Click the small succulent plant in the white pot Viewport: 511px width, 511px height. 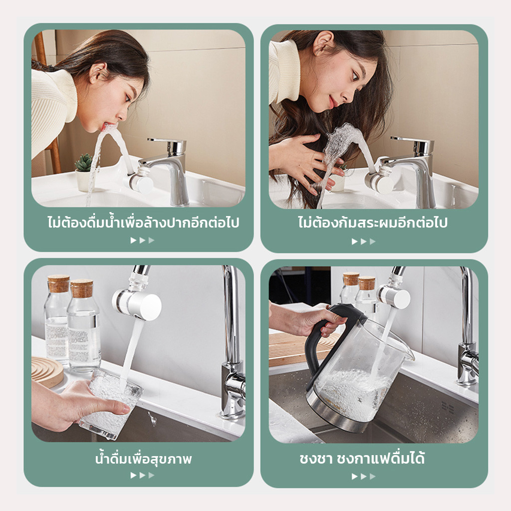coord(83,163)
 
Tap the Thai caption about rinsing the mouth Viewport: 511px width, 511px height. coord(143,223)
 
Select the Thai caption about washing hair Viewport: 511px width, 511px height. coord(372,223)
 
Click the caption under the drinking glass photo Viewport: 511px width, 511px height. coord(143,459)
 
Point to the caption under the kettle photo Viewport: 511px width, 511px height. coord(362,458)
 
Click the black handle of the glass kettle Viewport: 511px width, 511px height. coord(329,339)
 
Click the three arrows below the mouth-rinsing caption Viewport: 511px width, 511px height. coord(142,240)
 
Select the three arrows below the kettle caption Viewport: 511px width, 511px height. coord(364,477)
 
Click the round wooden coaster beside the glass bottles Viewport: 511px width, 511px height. coord(47,371)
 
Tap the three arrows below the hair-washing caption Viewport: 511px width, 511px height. coord(364,242)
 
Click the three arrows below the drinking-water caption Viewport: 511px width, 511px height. coord(142,475)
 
